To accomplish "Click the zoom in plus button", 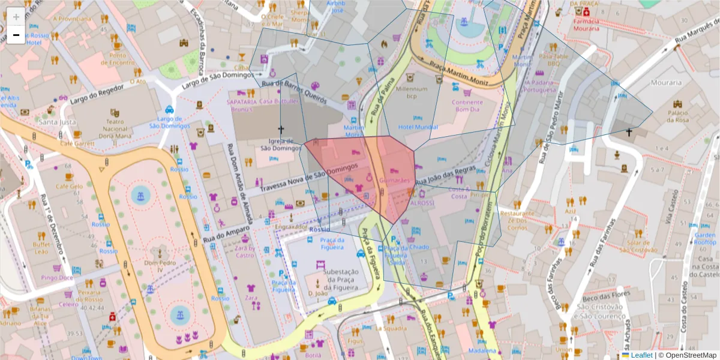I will (x=16, y=17).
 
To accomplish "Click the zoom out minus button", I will (x=16, y=35).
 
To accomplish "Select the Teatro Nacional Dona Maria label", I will (x=115, y=128).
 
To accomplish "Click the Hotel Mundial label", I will (x=418, y=127).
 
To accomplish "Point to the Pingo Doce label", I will (x=58, y=278).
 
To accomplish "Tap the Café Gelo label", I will (x=68, y=187).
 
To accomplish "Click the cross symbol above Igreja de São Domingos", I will (x=280, y=129).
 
